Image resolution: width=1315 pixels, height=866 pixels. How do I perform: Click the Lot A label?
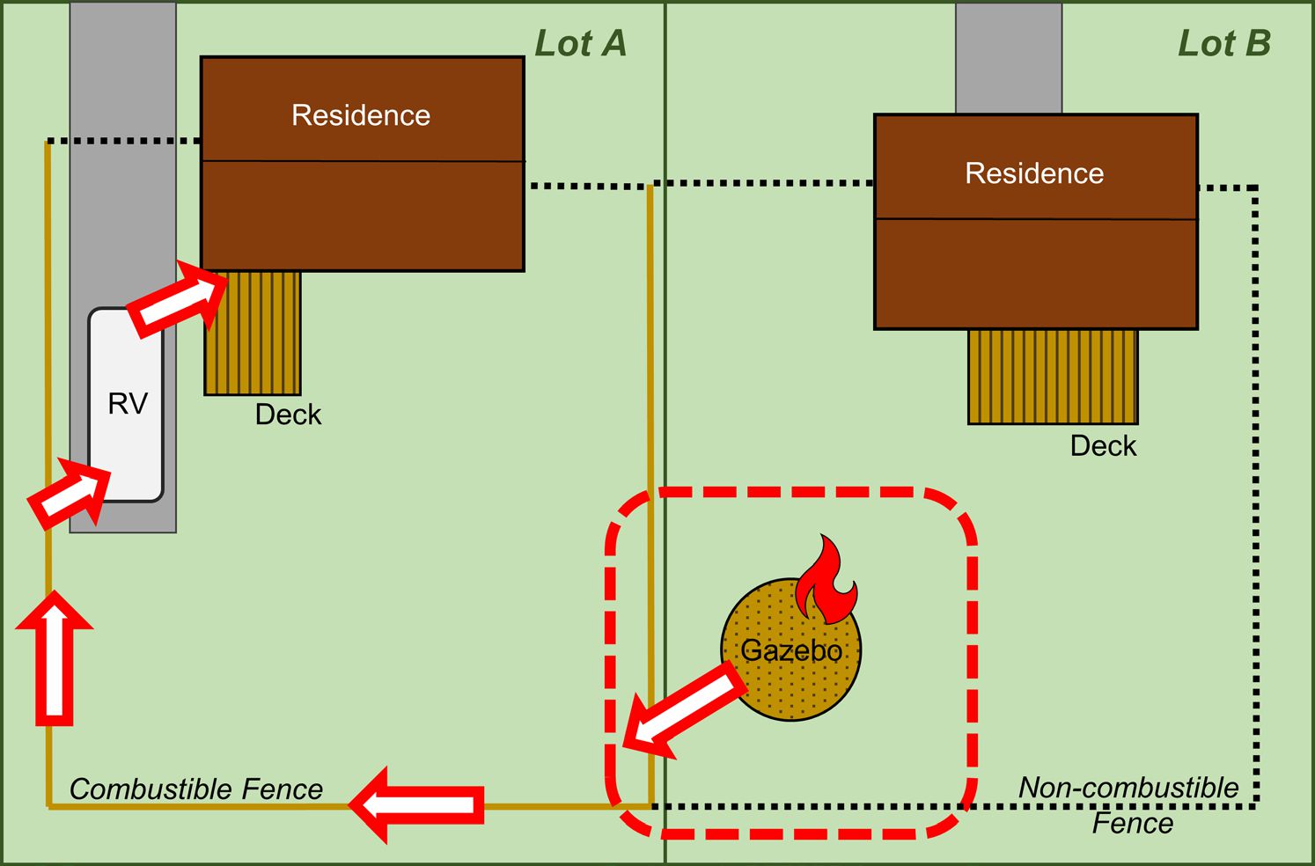[x=581, y=44]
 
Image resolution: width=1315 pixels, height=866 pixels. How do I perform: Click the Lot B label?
[x=1224, y=44]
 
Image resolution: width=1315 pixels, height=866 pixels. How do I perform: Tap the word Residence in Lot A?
[x=361, y=115]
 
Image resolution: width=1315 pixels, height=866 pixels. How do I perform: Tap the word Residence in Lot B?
[x=1034, y=173]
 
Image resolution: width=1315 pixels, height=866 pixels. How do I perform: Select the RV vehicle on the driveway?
[x=126, y=404]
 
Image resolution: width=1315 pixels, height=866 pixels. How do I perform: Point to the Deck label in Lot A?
[x=288, y=415]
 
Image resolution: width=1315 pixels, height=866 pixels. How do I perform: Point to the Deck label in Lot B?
[x=1103, y=446]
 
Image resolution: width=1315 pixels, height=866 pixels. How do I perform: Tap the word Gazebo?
[x=791, y=651]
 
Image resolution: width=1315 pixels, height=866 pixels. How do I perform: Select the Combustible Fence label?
[x=195, y=789]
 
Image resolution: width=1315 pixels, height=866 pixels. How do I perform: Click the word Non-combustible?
[x=1128, y=788]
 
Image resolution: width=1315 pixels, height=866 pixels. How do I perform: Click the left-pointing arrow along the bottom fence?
[x=417, y=804]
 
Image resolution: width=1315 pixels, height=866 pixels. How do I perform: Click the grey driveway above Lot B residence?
[x=1009, y=58]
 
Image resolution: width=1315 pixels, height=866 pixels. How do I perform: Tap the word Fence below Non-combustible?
[x=1133, y=824]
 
